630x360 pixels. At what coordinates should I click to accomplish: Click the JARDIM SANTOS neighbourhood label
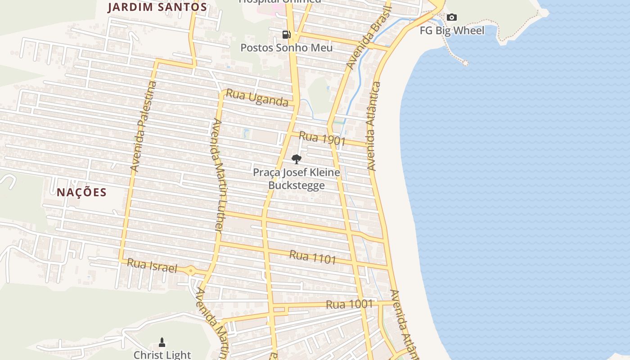click(x=157, y=7)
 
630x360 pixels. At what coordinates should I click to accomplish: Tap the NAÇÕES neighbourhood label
click(x=81, y=193)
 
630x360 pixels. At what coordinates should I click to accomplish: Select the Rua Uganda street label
click(x=257, y=98)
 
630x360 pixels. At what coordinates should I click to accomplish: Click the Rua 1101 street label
click(x=313, y=257)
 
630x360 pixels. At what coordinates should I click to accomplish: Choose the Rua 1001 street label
click(x=349, y=305)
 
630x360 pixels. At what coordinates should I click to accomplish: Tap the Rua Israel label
click(x=152, y=265)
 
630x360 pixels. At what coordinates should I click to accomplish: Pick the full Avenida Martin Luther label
click(x=218, y=175)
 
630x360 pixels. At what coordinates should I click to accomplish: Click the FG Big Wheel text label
click(x=452, y=31)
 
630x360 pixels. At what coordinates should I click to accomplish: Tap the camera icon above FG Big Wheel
click(x=452, y=18)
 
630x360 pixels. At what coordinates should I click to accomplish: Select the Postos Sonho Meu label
click(x=287, y=48)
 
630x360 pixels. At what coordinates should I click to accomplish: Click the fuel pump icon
click(x=286, y=35)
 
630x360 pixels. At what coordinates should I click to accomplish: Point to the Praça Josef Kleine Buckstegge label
click(x=296, y=179)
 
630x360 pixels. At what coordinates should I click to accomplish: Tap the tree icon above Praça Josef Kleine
click(x=296, y=159)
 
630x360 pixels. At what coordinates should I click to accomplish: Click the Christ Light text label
click(x=162, y=355)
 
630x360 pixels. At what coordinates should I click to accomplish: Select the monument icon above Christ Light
click(x=162, y=343)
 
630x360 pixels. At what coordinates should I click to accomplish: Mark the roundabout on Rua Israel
click(x=191, y=271)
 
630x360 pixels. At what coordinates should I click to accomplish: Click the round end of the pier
click(x=465, y=63)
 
